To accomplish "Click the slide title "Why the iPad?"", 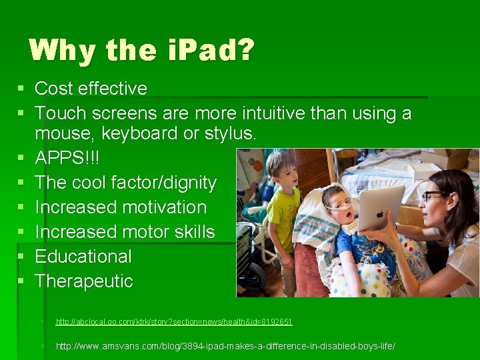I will [141, 51].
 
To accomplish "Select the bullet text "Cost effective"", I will [91, 89].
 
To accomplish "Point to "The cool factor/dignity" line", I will [125, 183].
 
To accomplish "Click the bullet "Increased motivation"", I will [121, 207].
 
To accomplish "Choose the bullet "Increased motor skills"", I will [125, 232].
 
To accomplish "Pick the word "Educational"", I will [83, 257].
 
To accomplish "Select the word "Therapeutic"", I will [84, 281].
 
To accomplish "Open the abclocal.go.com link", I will [173, 322].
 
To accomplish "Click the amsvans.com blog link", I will [225, 347].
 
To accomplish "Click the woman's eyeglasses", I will [433, 196].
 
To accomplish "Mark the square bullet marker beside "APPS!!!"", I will [22, 158].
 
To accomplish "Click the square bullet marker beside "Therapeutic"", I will [22, 281].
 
